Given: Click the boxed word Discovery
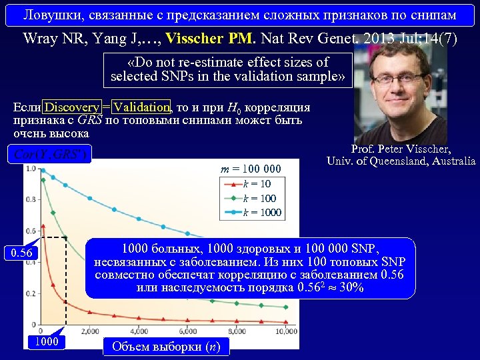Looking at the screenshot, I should [x=72, y=107].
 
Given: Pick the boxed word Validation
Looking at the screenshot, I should [x=141, y=107].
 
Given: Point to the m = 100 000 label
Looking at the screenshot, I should [x=251, y=169].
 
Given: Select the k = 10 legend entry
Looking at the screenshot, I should [x=257, y=183].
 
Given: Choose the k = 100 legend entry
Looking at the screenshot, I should [x=259, y=198].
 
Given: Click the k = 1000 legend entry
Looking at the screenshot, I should [x=262, y=213].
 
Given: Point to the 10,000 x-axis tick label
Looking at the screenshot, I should [x=285, y=331].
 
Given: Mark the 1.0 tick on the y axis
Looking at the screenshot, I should [x=31, y=169].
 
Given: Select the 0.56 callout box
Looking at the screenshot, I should [x=22, y=253].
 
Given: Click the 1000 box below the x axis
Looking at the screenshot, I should [x=47, y=342].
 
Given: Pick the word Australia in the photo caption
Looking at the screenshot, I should [x=453, y=161].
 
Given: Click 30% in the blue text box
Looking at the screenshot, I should [x=349, y=288].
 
